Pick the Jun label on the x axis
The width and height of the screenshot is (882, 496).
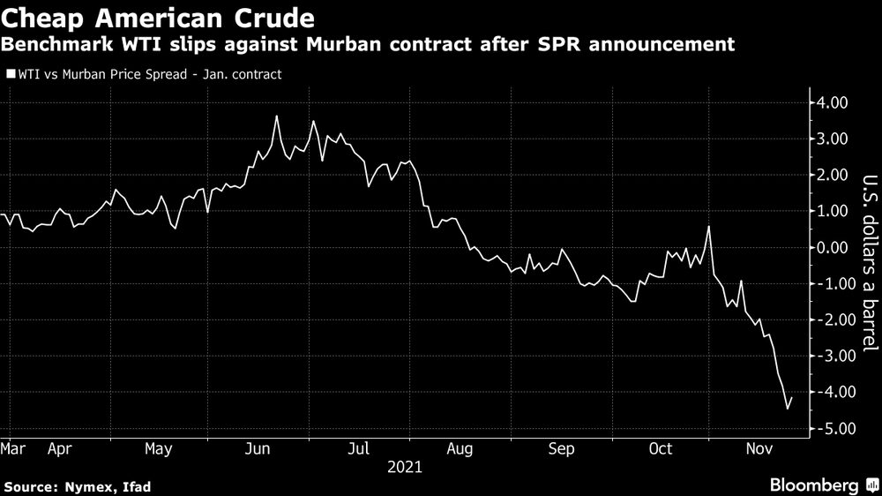click(x=257, y=449)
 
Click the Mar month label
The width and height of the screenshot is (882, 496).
click(x=12, y=449)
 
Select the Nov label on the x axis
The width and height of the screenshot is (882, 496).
click(x=760, y=449)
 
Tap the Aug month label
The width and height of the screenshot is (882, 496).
click(x=460, y=449)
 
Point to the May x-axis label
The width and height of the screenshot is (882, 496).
click(x=158, y=449)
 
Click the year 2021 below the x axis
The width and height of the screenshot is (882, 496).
click(x=405, y=467)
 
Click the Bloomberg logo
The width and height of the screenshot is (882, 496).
click(x=816, y=485)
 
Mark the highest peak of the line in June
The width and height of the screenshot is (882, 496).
click(x=277, y=116)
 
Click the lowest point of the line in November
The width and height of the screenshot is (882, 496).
click(x=787, y=409)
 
